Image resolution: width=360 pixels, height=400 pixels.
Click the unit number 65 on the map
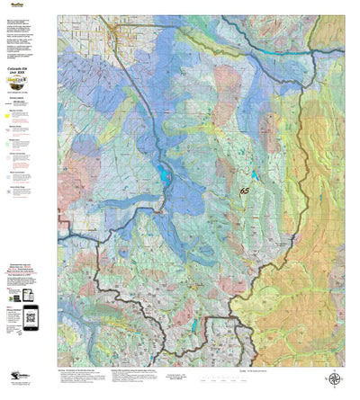click(244, 191)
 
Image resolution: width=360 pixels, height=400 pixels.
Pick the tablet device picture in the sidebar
click(28, 295)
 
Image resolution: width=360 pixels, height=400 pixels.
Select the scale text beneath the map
click(261, 371)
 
